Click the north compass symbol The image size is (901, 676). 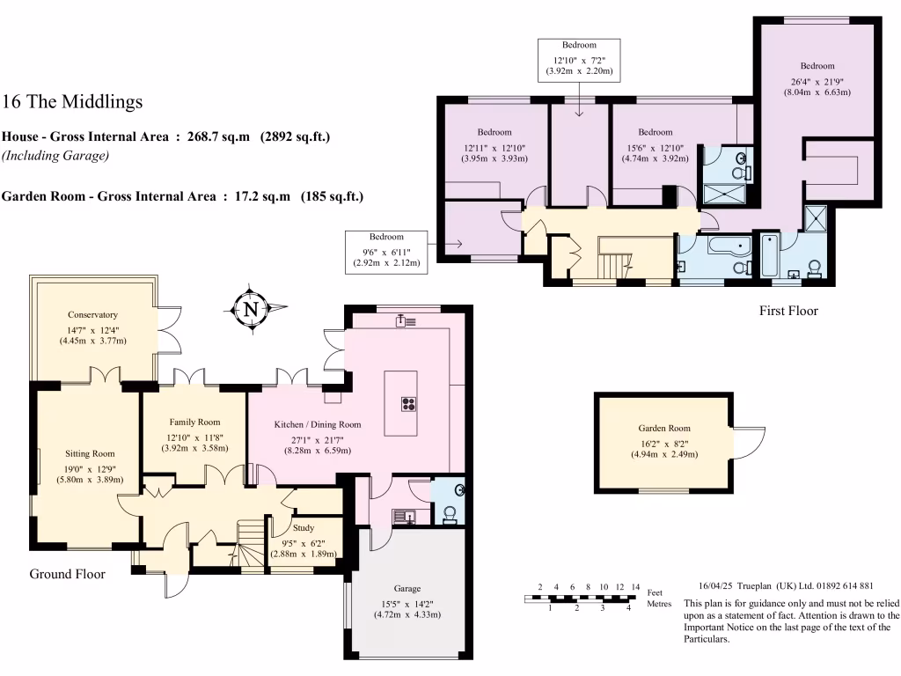[x=253, y=309]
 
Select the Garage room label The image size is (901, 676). [x=407, y=588]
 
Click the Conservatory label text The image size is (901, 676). [x=92, y=314]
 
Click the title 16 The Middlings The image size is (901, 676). [x=72, y=102]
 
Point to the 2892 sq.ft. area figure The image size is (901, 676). [x=296, y=137]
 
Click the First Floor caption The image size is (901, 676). [x=788, y=311]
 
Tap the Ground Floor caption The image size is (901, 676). [x=68, y=574]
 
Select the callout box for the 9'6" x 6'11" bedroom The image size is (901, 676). [x=386, y=249]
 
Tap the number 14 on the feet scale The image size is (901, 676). [x=634, y=587]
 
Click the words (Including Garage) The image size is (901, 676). [x=55, y=156]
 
